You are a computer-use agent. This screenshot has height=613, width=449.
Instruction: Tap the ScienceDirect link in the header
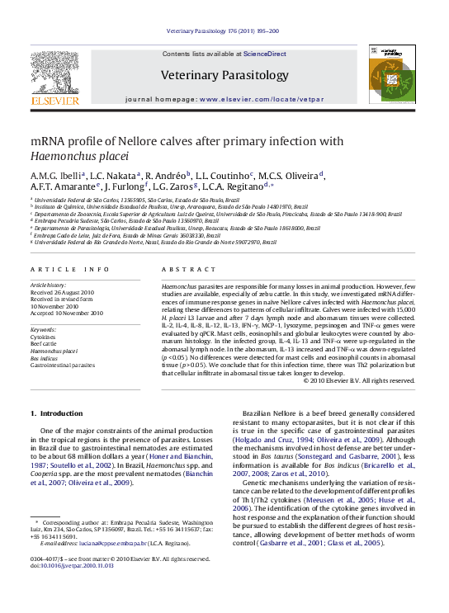tap(265, 54)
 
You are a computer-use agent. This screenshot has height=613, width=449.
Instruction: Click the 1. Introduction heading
tap(56, 413)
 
